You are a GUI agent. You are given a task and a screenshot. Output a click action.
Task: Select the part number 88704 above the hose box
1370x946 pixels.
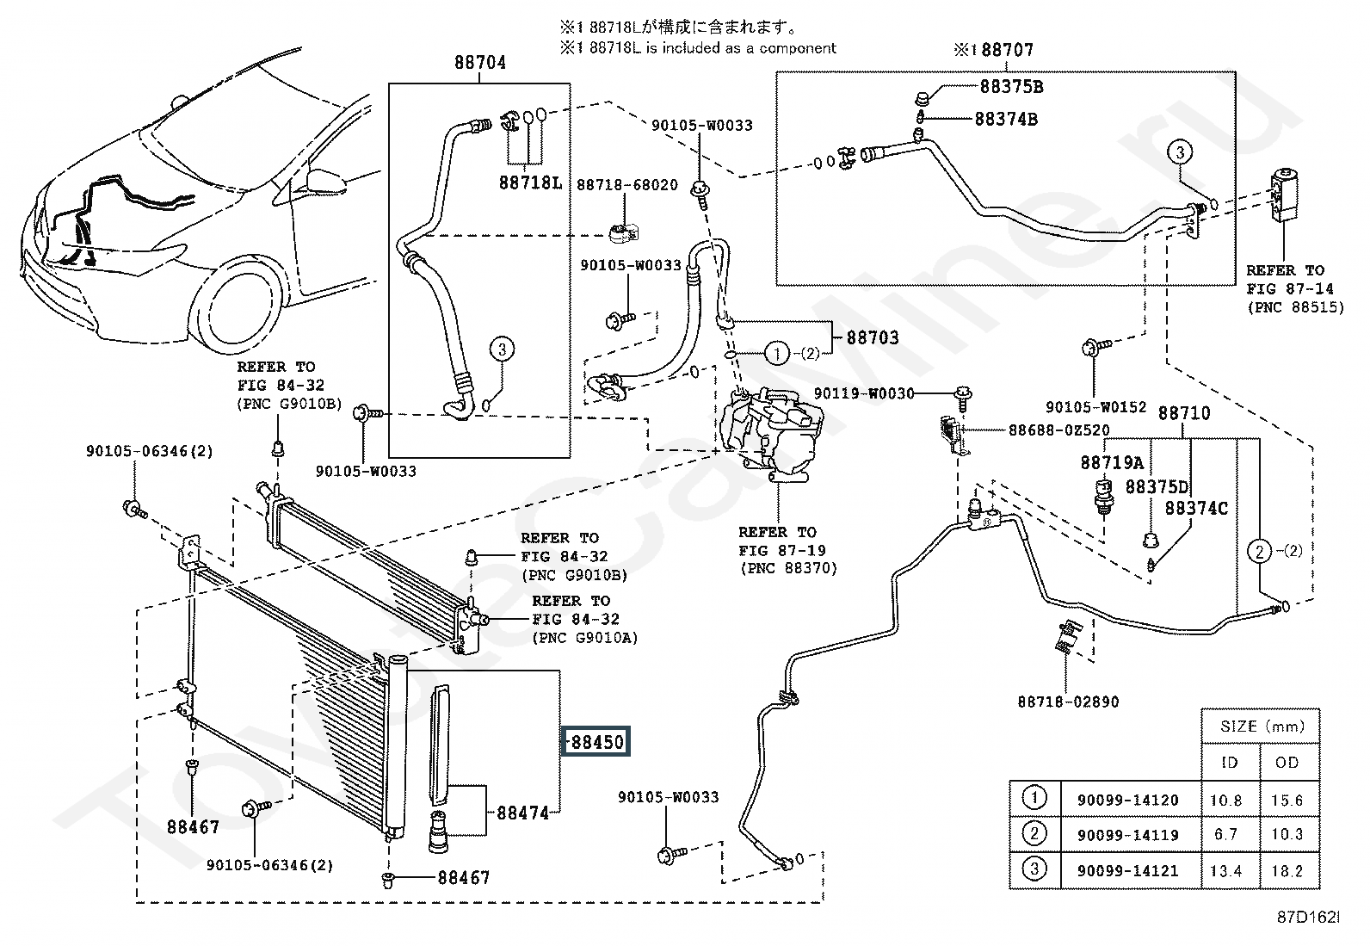tap(479, 63)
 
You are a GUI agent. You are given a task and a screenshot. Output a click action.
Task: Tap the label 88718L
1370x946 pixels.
tap(529, 183)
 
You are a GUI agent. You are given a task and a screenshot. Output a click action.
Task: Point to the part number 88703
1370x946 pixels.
tap(873, 337)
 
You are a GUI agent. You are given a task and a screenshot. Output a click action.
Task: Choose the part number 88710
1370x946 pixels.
tap(1183, 413)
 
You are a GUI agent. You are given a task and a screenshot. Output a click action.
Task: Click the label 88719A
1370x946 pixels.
tap(1112, 463)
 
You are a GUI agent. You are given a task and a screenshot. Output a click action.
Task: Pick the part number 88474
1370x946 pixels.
tap(521, 812)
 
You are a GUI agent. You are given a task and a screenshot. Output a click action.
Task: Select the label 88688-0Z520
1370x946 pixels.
tap(1058, 430)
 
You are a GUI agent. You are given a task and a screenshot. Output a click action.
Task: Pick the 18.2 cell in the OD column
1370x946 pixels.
tap(1287, 871)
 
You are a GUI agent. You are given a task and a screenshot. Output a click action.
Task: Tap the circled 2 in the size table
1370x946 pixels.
tap(1034, 833)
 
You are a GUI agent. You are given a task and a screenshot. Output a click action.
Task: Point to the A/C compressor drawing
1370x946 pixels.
tap(772, 430)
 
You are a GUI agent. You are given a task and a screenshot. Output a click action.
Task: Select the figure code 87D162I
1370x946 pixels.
tap(1308, 918)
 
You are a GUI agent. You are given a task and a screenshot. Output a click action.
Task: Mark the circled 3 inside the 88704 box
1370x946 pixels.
tap(503, 349)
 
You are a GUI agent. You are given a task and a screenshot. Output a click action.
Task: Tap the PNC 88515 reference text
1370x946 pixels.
tap(1294, 307)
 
